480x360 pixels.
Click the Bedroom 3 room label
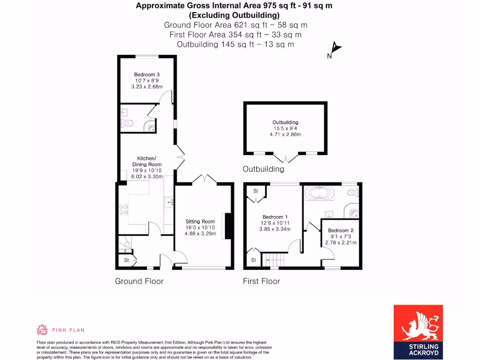point(147,75)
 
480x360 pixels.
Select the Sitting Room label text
point(200,221)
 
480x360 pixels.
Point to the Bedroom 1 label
point(275,217)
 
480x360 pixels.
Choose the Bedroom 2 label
point(341,231)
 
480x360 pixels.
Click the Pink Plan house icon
point(42,330)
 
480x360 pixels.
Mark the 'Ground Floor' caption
point(139,281)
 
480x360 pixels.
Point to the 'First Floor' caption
point(261,281)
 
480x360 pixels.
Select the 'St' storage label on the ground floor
point(126,260)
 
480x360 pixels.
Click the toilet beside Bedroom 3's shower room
point(127,124)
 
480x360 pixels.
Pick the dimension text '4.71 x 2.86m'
point(285,135)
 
